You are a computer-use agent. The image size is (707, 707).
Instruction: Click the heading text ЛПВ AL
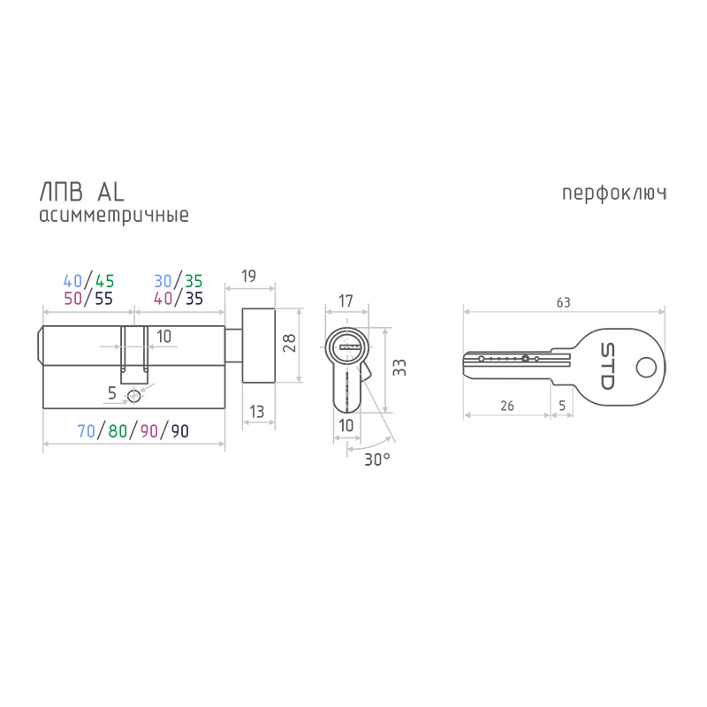81,192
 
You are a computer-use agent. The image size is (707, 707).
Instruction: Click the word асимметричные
114,215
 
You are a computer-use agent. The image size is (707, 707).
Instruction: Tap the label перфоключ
614,194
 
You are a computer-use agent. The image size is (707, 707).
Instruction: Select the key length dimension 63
563,302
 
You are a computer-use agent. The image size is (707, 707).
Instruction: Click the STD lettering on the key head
607,366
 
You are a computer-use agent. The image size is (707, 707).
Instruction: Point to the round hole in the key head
646,367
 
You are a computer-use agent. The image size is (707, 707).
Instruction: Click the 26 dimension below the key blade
506,406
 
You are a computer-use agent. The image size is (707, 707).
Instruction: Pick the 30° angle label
377,460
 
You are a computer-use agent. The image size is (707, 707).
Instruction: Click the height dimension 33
399,368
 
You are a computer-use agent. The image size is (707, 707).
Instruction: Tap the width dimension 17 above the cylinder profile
346,300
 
